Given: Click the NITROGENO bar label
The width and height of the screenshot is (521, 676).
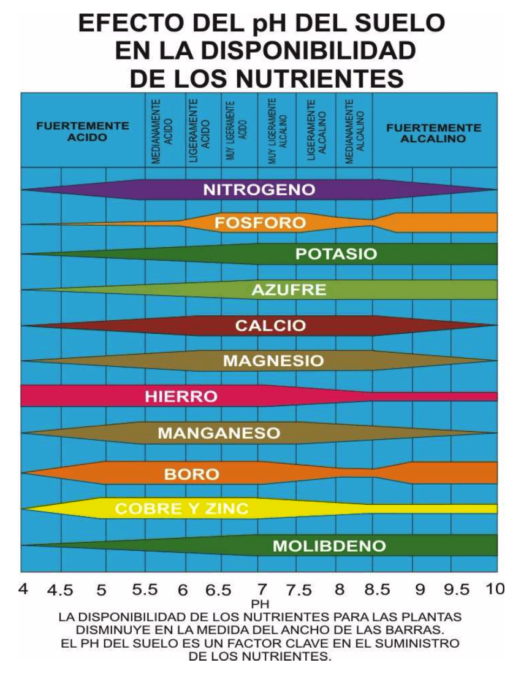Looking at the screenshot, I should (x=259, y=190).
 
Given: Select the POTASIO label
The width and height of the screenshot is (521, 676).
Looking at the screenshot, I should (x=337, y=255).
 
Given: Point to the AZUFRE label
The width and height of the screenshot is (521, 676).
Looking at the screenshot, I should (x=289, y=290).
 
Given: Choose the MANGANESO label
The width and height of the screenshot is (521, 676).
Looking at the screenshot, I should (x=219, y=434).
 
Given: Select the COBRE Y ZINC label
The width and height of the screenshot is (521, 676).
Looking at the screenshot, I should (x=181, y=509).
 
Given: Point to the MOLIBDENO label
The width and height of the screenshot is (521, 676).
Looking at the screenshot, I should (x=329, y=546).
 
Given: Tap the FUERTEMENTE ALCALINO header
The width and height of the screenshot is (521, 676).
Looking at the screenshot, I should (x=433, y=133).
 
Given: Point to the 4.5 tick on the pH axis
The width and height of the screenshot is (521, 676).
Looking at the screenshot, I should (x=60, y=591).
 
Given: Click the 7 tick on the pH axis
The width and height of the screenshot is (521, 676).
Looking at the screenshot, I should (x=262, y=590).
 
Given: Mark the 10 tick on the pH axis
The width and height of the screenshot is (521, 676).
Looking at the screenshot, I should (x=495, y=590).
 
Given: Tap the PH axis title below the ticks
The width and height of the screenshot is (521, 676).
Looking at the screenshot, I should (x=260, y=605).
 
